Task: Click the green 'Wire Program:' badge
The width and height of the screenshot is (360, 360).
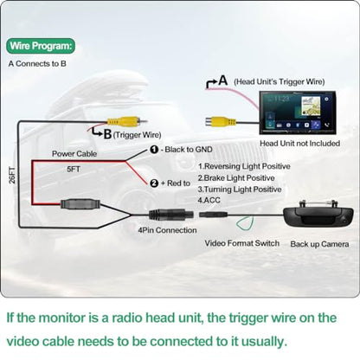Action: tap(41, 46)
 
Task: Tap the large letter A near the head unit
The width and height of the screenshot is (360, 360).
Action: tap(223, 80)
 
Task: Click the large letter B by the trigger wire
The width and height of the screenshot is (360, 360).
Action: tap(107, 134)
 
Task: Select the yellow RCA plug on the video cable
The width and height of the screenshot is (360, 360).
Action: tap(125, 121)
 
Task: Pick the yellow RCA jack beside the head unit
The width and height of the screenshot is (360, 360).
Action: tap(221, 122)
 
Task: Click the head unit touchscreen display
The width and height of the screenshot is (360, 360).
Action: tap(297, 112)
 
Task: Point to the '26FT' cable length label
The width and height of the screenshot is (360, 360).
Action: tap(12, 175)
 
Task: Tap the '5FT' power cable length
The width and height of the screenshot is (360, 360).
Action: tap(74, 169)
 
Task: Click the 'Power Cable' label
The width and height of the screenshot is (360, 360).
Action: tap(74, 154)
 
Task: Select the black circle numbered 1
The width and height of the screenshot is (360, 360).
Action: tap(154, 150)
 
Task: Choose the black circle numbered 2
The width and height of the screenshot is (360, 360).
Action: tap(154, 183)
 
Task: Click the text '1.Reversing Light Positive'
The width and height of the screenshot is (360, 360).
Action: tap(244, 166)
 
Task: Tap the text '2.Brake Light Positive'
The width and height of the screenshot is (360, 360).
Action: tap(236, 178)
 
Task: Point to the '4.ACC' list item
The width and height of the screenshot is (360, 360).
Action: tap(209, 200)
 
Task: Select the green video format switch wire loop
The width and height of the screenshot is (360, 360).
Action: tap(245, 223)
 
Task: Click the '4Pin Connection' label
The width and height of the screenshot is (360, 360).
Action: tap(167, 230)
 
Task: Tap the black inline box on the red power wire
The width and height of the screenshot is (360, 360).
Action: tap(80, 204)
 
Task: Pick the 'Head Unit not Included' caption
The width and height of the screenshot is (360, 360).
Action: tap(299, 144)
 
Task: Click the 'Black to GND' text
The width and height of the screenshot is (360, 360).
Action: tap(189, 150)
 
